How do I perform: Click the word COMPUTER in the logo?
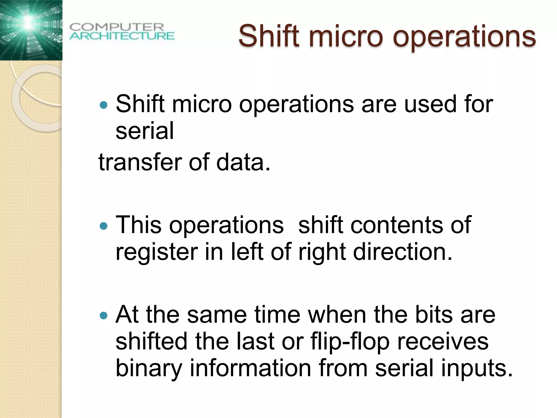coord(117,27)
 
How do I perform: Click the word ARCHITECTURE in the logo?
coord(122,36)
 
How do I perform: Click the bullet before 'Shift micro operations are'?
coord(104,105)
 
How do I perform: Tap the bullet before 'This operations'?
coord(104,226)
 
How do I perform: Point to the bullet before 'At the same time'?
coord(104,315)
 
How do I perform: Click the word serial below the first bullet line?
coord(144,131)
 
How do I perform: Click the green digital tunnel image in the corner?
coord(31,30)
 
